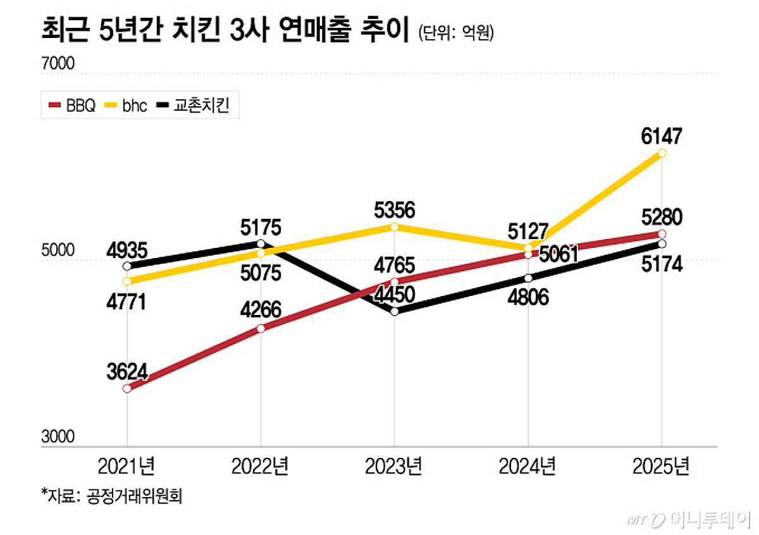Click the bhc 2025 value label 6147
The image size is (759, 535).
point(661,135)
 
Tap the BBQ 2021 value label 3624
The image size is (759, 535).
point(127,371)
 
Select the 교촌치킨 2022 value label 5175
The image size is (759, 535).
point(261,227)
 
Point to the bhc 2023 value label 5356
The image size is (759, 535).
point(394,209)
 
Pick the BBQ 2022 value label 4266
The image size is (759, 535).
point(261,311)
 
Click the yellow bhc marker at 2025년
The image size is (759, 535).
point(662,154)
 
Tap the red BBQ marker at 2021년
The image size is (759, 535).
point(127,388)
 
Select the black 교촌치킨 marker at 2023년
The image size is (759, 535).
point(395,311)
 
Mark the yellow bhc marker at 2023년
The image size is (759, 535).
point(395,226)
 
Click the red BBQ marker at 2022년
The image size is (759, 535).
point(261,328)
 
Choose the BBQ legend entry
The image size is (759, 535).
point(72,105)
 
